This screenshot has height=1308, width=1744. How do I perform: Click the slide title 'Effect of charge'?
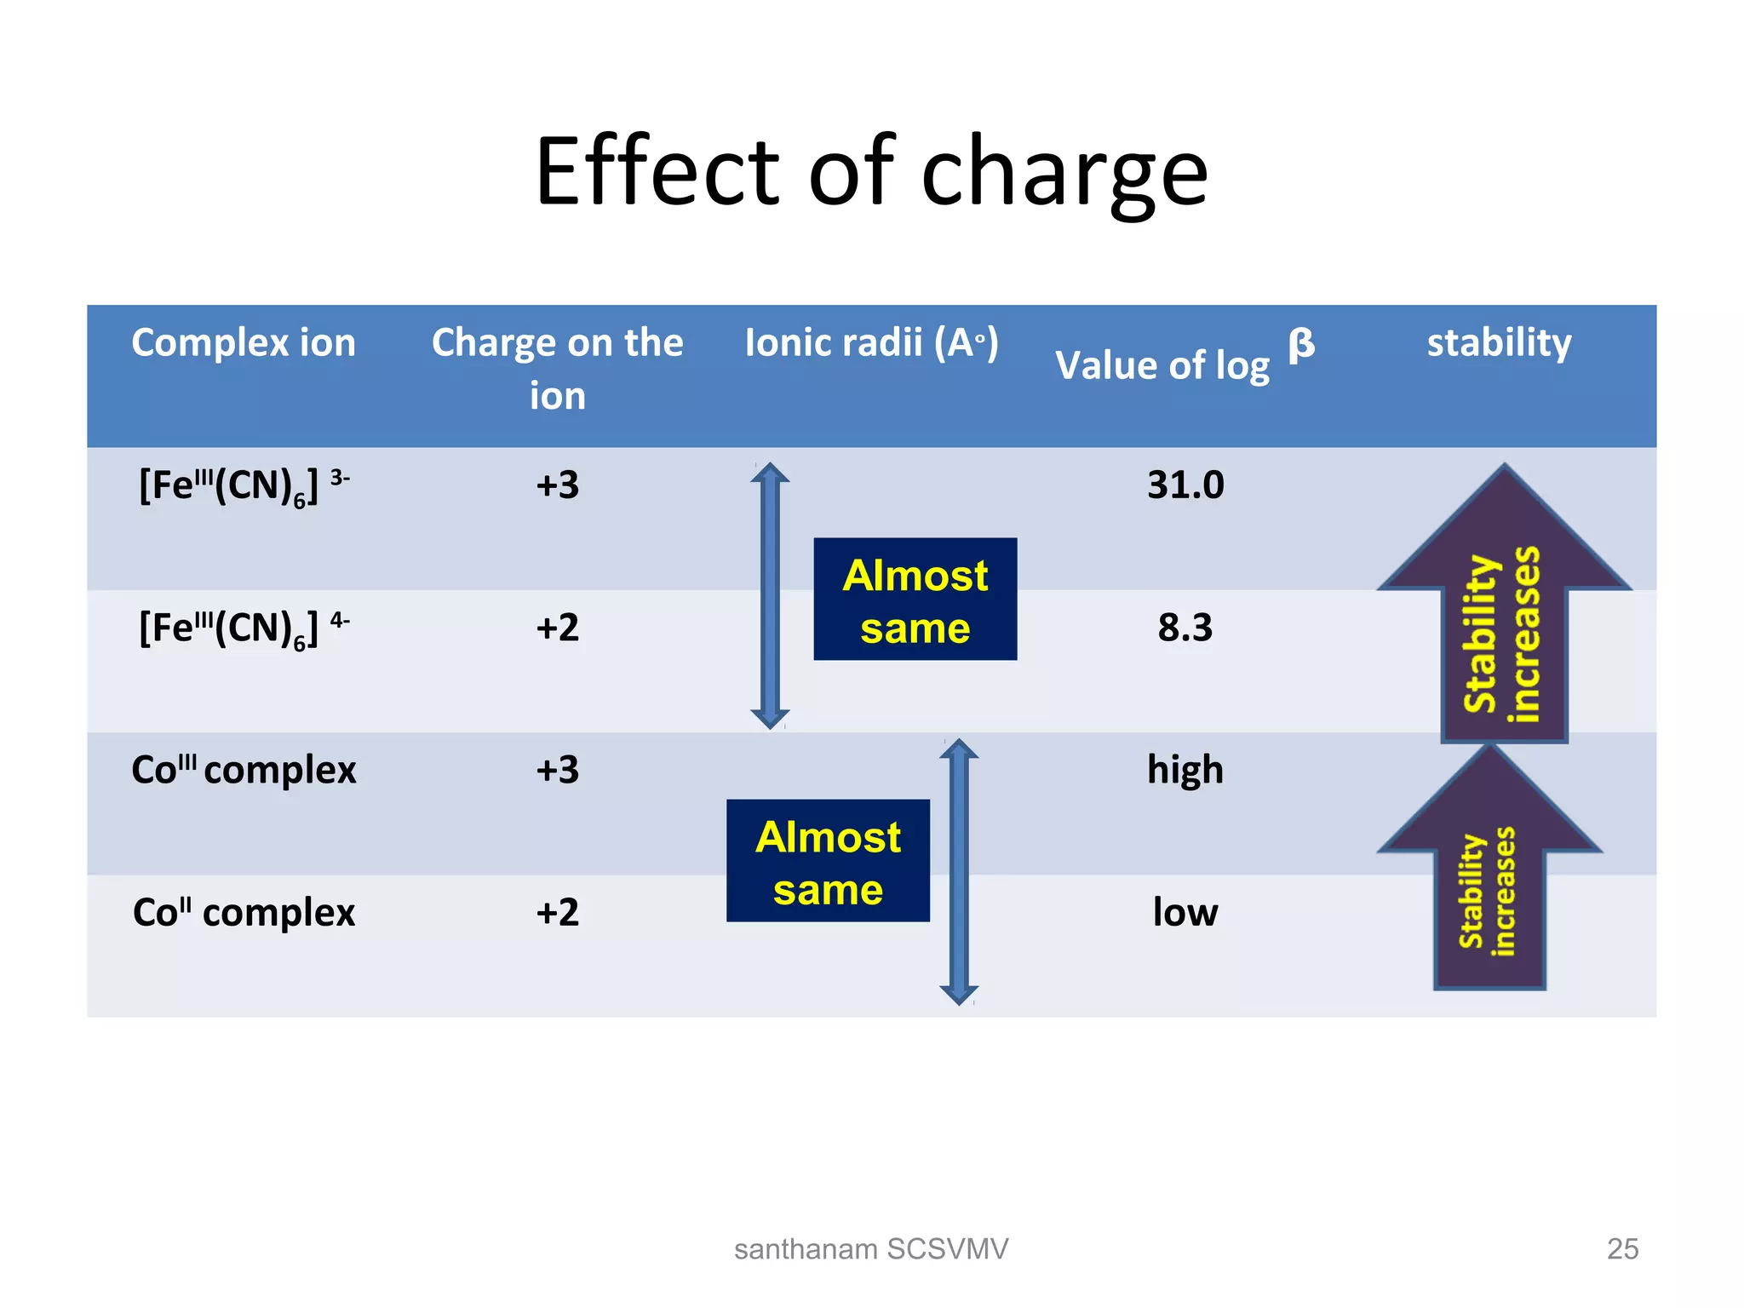(871, 172)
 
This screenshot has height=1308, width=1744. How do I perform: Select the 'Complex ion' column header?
(244, 342)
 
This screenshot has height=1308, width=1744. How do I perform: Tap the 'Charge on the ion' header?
(557, 368)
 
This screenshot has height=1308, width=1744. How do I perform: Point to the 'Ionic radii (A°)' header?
(871, 342)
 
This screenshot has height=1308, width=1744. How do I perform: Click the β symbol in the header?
(1301, 345)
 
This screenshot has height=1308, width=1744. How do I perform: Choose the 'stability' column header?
(1499, 342)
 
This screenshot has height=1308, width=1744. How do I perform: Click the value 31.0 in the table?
(1185, 485)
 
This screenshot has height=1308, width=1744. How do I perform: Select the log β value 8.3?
(1185, 628)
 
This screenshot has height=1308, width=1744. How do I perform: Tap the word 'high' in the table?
(1185, 770)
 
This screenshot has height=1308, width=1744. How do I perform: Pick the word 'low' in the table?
(1185, 912)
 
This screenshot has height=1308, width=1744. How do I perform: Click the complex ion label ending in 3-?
(244, 487)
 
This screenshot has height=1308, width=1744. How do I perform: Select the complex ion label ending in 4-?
(244, 629)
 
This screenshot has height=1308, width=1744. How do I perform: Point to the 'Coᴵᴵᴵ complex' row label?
(244, 770)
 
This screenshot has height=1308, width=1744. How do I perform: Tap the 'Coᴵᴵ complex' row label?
(244, 912)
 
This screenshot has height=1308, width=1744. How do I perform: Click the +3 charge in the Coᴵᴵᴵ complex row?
(557, 770)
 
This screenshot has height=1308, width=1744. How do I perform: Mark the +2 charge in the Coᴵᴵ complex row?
(557, 912)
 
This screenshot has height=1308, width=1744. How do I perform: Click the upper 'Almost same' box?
(915, 599)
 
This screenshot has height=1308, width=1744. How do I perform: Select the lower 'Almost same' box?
(828, 861)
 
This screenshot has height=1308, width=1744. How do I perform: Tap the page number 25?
(1622, 1248)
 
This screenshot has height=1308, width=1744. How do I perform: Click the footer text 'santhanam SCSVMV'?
(871, 1248)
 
